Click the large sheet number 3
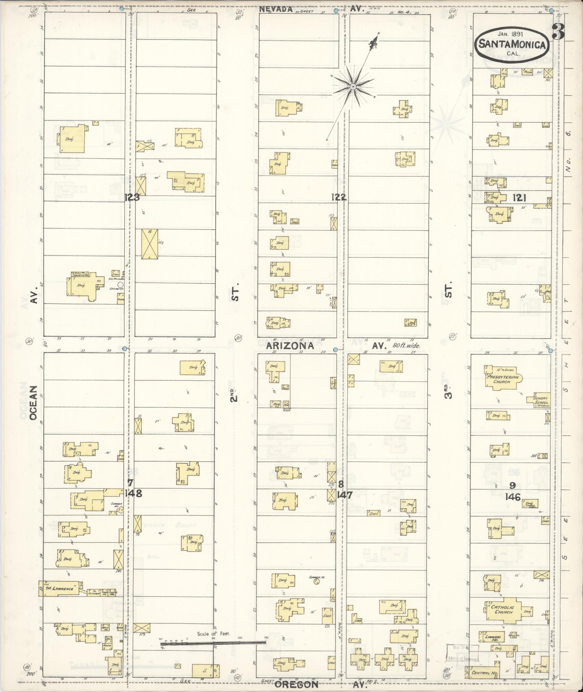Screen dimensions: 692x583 (558, 32)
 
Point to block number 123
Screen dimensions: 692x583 (132, 198)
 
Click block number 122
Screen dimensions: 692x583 (339, 197)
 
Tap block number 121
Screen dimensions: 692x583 (519, 198)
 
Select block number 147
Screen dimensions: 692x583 (344, 494)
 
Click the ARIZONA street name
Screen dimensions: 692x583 (290, 346)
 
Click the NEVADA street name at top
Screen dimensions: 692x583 (275, 10)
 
